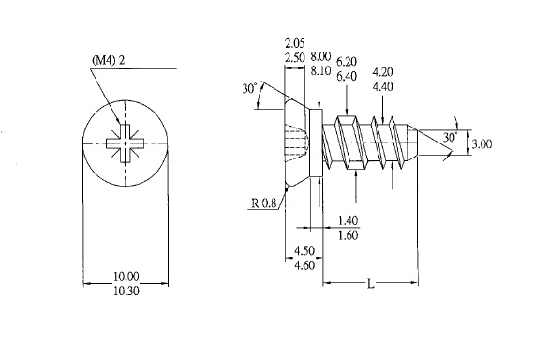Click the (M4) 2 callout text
pyautogui.click(x=109, y=61)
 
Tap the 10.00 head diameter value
pyautogui.click(x=126, y=277)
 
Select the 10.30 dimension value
pyautogui.click(x=126, y=292)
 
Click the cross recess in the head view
pyautogui.click(x=125, y=143)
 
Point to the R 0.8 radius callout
pyautogui.click(x=264, y=203)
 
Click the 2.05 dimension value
pyautogui.click(x=295, y=43)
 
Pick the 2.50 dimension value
pyautogui.click(x=295, y=57)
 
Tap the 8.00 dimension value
pyautogui.click(x=320, y=56)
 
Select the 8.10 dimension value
pyautogui.click(x=320, y=71)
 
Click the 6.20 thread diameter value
pyautogui.click(x=347, y=62)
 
